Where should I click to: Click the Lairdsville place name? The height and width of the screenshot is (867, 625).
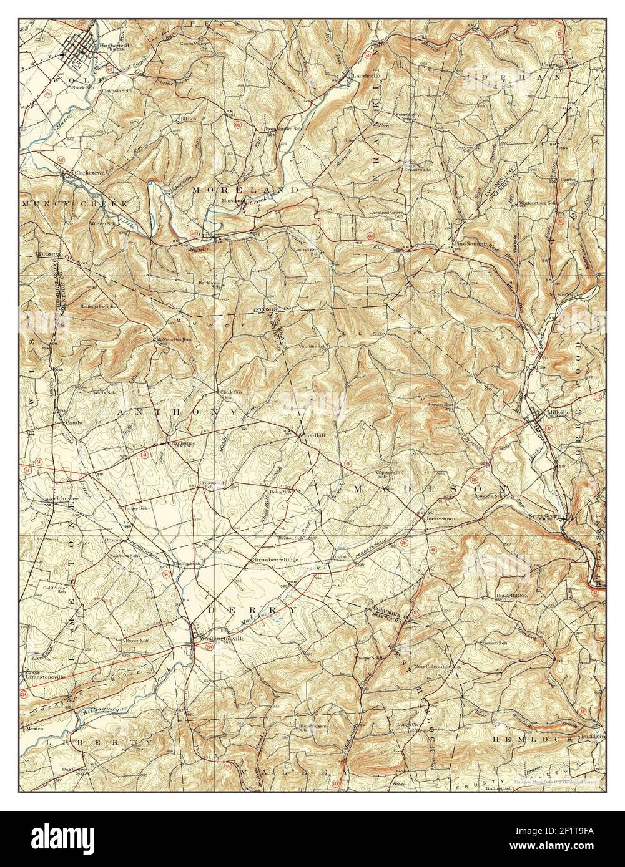click(363, 77)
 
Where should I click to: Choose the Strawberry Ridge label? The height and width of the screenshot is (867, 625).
click(275, 561)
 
